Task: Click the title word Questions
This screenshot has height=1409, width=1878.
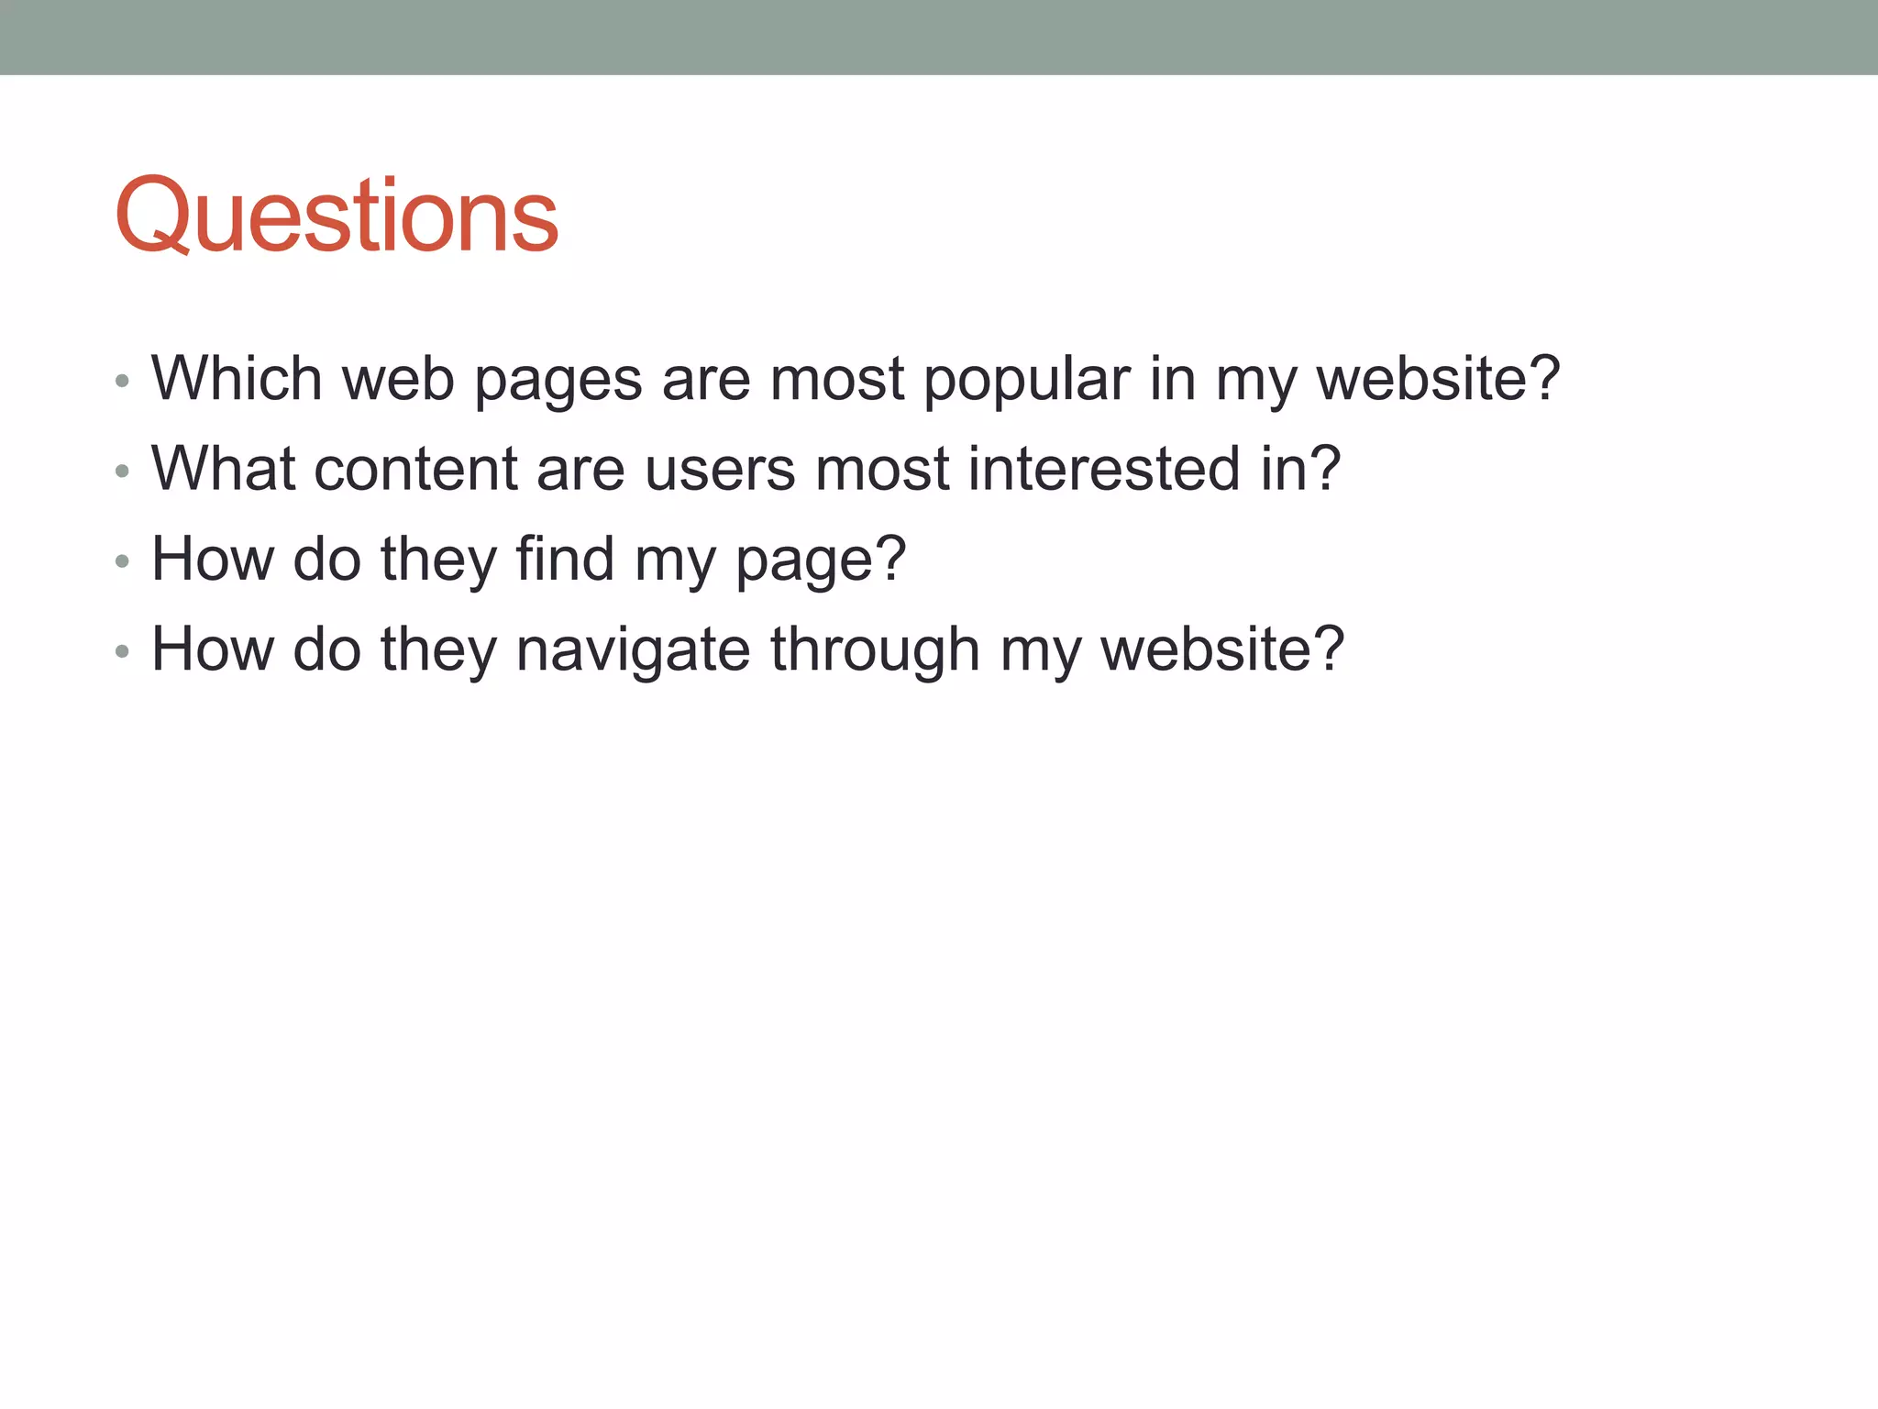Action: coord(337,216)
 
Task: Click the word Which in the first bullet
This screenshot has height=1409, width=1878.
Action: coord(237,378)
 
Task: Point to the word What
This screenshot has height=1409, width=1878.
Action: coord(224,469)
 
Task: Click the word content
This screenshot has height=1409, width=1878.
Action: coord(415,469)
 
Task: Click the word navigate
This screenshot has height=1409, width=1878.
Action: coord(633,650)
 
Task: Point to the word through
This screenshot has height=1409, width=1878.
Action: coord(875,650)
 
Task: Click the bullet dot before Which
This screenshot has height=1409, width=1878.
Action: coord(123,381)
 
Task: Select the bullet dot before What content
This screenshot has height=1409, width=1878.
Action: coord(123,472)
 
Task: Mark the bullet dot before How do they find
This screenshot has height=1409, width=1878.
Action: coord(123,561)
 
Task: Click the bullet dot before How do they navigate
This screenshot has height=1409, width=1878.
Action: coord(123,652)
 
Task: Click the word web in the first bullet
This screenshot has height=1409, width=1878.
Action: coord(398,378)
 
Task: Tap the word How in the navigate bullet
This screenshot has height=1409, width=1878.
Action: coord(213,649)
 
